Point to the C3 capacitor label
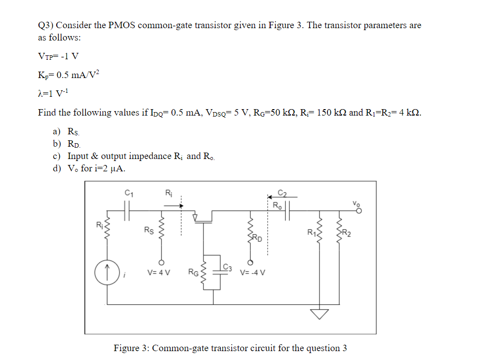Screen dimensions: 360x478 click(x=228, y=268)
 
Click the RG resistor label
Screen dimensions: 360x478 click(x=193, y=271)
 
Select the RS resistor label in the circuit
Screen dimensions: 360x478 click(x=148, y=230)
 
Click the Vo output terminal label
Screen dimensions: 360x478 click(x=356, y=203)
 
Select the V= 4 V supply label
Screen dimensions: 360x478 click(x=159, y=271)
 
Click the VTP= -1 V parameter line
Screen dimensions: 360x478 click(x=58, y=55)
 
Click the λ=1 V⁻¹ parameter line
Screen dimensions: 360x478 click(x=55, y=94)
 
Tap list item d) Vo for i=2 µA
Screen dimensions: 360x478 click(x=91, y=168)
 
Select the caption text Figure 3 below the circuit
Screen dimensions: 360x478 click(x=230, y=348)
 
